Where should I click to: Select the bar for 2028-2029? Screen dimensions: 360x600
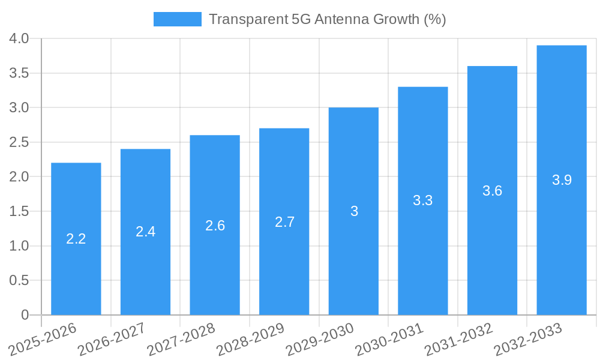284,221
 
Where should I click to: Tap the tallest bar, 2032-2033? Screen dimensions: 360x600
562,180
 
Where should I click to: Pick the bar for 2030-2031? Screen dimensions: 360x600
423,201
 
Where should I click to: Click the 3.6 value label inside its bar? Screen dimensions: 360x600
492,191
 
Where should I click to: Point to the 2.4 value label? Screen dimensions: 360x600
145,232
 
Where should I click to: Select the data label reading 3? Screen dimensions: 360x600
354,211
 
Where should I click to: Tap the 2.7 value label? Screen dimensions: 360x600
284,222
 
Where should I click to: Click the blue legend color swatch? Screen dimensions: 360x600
177,19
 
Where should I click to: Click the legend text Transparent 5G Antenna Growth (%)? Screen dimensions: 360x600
327,19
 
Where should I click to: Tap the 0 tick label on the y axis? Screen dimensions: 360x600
25,315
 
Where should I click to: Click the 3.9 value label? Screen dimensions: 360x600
562,180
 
